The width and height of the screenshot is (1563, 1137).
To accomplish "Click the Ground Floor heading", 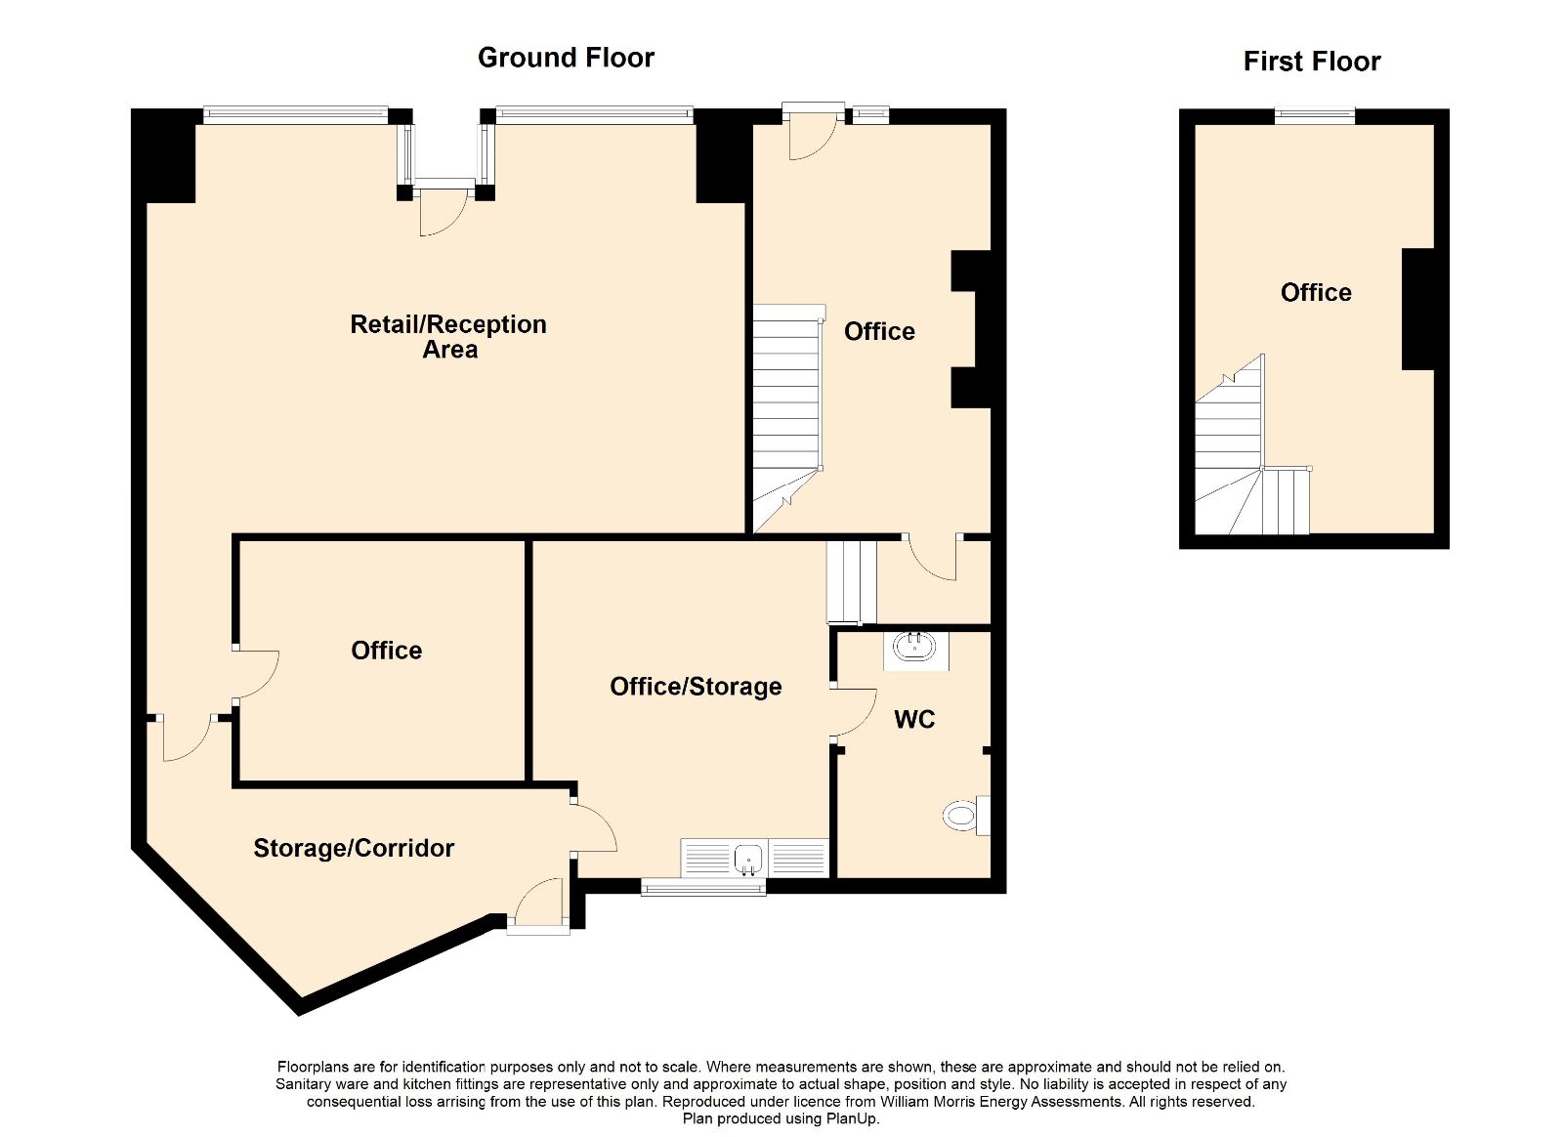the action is click(x=566, y=58).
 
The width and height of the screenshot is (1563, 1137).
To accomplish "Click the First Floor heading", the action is click(x=1312, y=62).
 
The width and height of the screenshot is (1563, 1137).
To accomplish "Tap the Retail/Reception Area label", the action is click(x=448, y=336).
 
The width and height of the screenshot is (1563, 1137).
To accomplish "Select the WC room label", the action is click(x=914, y=719).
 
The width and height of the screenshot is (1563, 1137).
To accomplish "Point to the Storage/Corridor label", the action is click(x=354, y=848).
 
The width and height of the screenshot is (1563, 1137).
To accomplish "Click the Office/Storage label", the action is click(x=696, y=687).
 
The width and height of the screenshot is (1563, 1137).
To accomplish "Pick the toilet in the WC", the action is click(x=966, y=815).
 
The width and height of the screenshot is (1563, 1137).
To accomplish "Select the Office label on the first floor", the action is click(x=1316, y=292).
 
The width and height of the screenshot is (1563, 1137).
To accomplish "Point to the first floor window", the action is click(x=1315, y=116).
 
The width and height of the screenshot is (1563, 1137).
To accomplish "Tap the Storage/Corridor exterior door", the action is click(x=537, y=905).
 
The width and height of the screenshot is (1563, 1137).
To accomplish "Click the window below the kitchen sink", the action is click(x=703, y=887).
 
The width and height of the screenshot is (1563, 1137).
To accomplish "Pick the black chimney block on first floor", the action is click(x=1418, y=309).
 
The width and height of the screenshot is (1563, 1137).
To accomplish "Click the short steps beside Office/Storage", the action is click(x=852, y=581).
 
